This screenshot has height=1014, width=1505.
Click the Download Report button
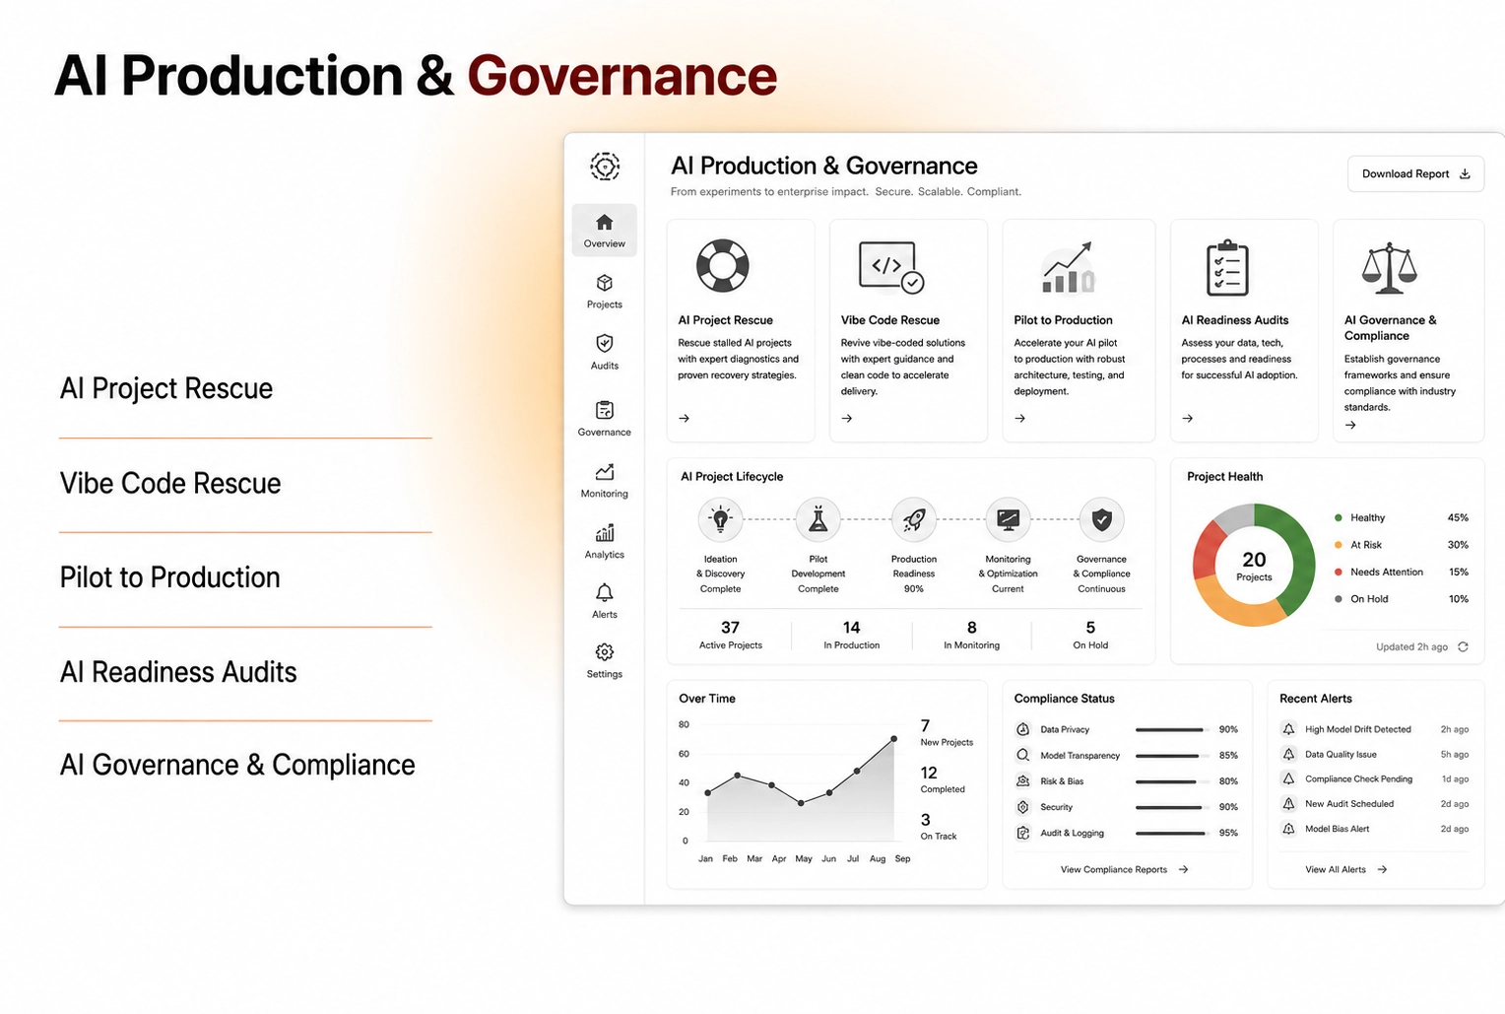pos(1415,173)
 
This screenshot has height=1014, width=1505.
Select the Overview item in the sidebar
pos(604,230)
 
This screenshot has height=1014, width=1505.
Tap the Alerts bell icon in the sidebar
pos(604,592)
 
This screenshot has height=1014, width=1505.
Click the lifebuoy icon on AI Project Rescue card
pos(722,266)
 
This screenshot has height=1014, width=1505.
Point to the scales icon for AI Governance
pos(1389,268)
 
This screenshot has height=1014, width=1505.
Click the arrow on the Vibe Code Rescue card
pos(847,418)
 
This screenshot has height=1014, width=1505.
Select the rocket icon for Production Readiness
pos(914,519)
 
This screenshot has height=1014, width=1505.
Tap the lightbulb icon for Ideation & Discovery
pos(720,519)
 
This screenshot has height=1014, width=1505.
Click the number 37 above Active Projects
pos(730,628)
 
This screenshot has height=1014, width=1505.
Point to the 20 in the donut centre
pos(1254,560)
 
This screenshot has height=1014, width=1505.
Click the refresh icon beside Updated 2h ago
pos(1463,646)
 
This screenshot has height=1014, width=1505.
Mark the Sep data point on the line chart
pos(893,739)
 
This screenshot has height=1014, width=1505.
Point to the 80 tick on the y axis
pos(684,724)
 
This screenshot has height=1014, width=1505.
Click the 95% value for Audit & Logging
pos(1228,833)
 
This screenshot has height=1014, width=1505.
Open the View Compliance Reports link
pos(1124,869)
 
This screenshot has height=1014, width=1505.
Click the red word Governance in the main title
pos(622,75)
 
